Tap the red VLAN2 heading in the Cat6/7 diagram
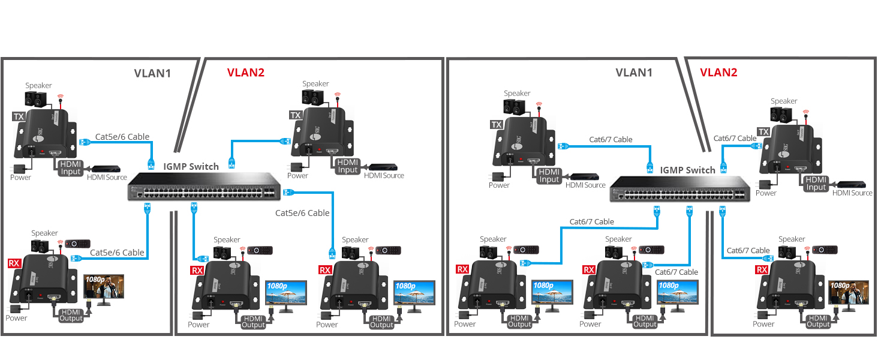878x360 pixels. [x=718, y=73]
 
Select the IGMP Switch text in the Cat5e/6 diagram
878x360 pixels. [x=191, y=166]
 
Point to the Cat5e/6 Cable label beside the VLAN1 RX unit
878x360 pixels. [x=117, y=253]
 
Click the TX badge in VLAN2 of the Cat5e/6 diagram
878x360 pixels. [x=296, y=115]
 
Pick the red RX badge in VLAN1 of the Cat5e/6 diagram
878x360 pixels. [x=14, y=263]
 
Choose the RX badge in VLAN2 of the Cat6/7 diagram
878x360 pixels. [x=762, y=269]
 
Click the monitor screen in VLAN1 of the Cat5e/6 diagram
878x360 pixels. [x=104, y=287]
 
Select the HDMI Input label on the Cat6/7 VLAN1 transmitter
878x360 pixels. [x=549, y=176]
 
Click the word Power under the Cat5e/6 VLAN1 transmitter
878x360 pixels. [x=20, y=177]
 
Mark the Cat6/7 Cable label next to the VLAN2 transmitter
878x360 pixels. [x=735, y=138]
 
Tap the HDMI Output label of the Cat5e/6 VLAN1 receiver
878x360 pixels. [x=71, y=314]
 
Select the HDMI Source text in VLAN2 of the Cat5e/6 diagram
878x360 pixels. [x=383, y=176]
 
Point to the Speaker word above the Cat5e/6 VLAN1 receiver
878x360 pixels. [x=44, y=233]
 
